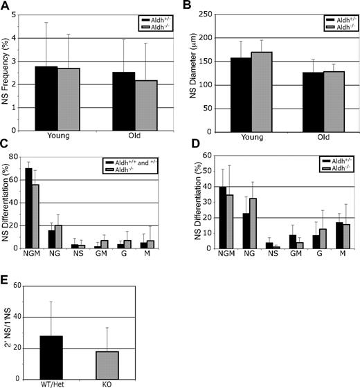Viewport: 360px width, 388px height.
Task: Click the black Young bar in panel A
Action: coord(46,98)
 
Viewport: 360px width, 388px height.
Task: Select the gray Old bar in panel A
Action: coord(127,105)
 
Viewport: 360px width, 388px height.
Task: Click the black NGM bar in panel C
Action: coord(29,208)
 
